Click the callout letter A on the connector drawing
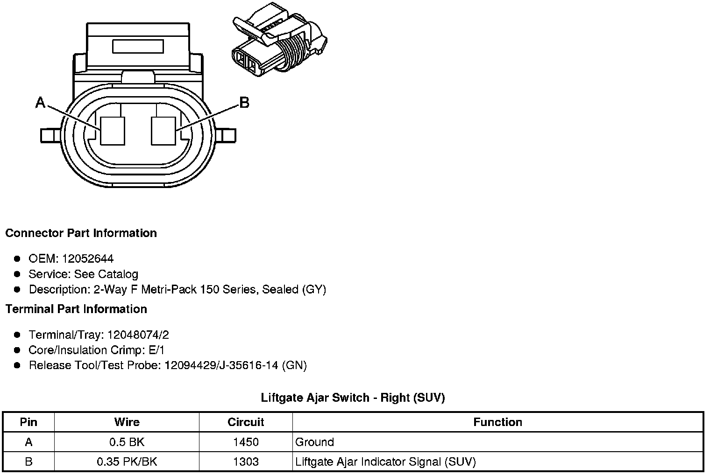click(x=41, y=102)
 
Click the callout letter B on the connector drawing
click(x=244, y=102)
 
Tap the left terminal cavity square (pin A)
click(x=113, y=130)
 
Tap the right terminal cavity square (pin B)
click(x=163, y=130)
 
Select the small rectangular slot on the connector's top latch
click(x=138, y=46)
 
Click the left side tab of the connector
click(x=50, y=135)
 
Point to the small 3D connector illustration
click(x=279, y=44)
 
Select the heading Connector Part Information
click(x=81, y=233)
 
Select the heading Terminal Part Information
click(x=76, y=309)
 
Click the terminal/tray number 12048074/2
click(x=138, y=335)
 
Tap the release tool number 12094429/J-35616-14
click(x=221, y=365)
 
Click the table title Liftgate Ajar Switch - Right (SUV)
click(x=353, y=398)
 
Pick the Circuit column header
click(x=246, y=422)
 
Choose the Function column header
click(x=497, y=422)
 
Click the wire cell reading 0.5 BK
click(x=127, y=442)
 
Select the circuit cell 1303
click(x=246, y=461)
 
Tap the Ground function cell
click(x=315, y=442)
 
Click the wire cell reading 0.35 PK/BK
click(x=127, y=461)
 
